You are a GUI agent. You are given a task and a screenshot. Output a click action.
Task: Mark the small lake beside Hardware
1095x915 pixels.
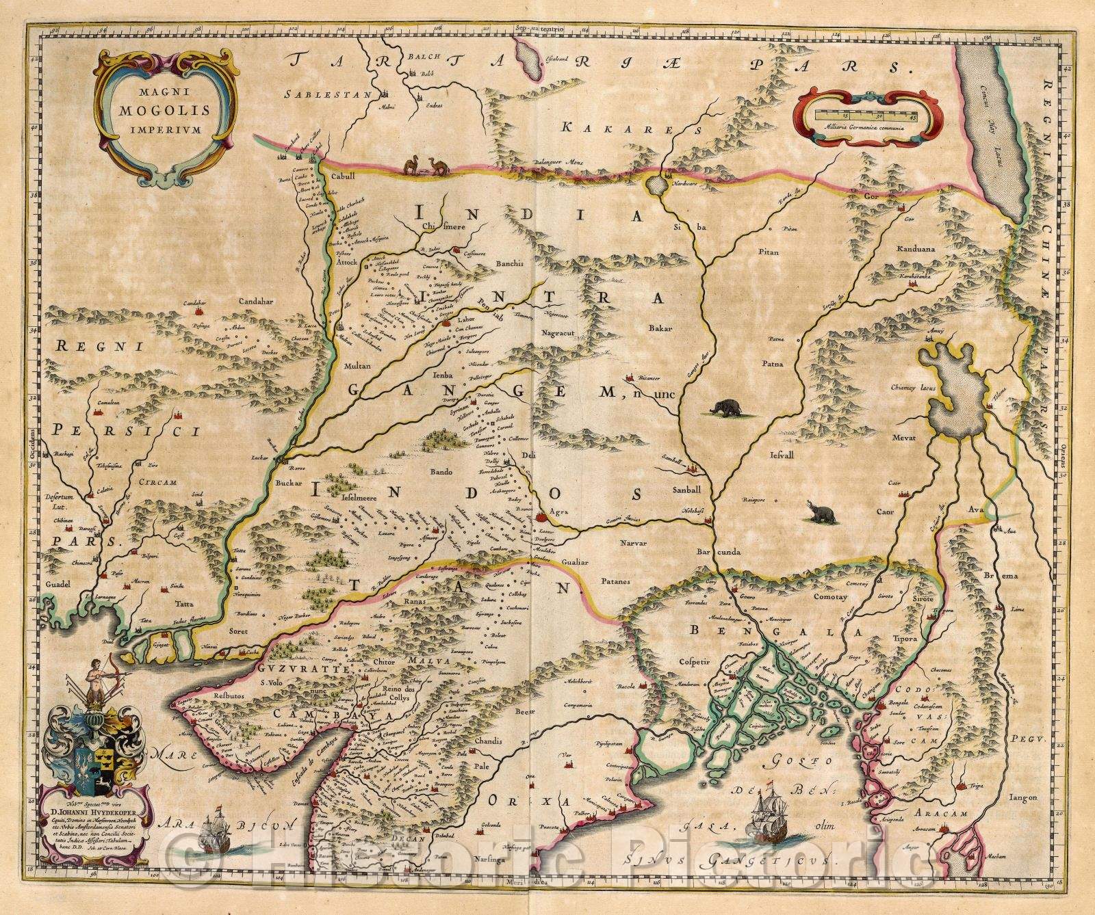click(658, 185)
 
